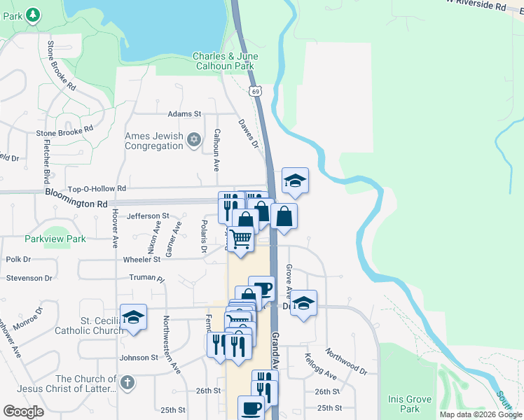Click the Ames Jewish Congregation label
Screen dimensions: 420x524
click(153, 141)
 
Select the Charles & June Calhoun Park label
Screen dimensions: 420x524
click(225, 61)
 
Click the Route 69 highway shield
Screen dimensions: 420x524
click(256, 91)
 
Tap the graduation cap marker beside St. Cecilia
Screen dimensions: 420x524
click(133, 318)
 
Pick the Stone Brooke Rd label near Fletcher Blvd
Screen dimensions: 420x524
click(64, 130)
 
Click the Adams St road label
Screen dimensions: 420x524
click(184, 113)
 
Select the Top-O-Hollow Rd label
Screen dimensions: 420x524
click(97, 189)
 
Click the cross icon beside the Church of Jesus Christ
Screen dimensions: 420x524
click(126, 382)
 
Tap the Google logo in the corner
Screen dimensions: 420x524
click(23, 412)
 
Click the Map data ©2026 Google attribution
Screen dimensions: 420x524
click(480, 414)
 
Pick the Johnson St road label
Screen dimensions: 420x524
click(139, 358)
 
